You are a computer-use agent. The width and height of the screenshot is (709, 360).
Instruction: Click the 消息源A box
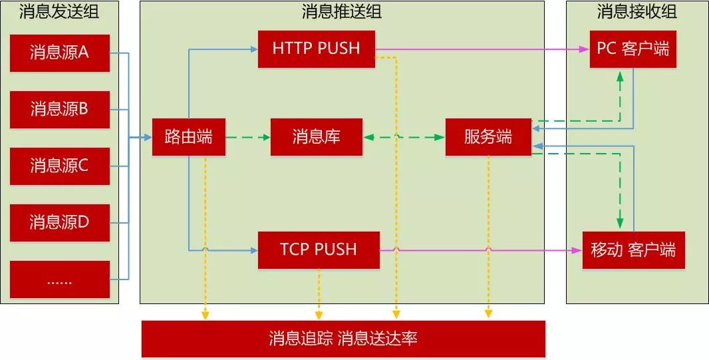click(x=60, y=53)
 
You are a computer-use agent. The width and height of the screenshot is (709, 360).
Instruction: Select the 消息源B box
click(x=60, y=109)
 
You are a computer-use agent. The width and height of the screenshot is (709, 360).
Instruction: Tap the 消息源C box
click(x=60, y=166)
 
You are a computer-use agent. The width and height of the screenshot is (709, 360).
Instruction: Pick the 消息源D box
click(x=60, y=222)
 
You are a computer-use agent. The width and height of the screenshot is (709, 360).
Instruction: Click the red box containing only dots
click(x=60, y=279)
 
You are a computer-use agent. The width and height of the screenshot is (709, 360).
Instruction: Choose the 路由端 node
click(x=188, y=137)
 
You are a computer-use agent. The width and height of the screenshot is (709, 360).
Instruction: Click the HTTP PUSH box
click(x=316, y=49)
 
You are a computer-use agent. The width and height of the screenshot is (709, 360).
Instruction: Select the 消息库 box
click(x=316, y=137)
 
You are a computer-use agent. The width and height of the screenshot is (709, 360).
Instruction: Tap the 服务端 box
click(x=488, y=137)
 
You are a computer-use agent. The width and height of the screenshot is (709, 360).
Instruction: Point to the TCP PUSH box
click(x=319, y=250)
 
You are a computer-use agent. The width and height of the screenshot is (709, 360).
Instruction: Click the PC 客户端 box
click(x=633, y=49)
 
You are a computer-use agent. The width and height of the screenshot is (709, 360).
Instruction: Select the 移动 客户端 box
click(x=633, y=250)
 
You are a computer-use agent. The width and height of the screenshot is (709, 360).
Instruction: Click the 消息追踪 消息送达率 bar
click(x=343, y=339)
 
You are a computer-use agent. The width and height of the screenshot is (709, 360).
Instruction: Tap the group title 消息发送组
click(x=60, y=11)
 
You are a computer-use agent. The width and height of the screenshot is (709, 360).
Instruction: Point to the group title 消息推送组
click(x=342, y=11)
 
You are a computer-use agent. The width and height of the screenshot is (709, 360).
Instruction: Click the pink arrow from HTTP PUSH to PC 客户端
click(x=479, y=49)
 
